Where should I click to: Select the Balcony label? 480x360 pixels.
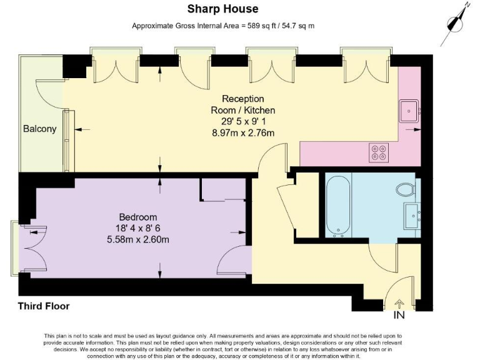pyautogui.click(x=39, y=129)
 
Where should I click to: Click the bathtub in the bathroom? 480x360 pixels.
pyautogui.click(x=337, y=207)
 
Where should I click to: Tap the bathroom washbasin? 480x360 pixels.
pyautogui.click(x=413, y=215)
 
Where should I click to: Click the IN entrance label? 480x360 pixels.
pyautogui.click(x=399, y=315)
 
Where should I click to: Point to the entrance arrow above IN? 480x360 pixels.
pyautogui.click(x=399, y=304)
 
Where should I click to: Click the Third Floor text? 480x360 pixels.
pyautogui.click(x=44, y=306)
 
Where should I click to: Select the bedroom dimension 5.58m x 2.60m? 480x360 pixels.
pyautogui.click(x=139, y=239)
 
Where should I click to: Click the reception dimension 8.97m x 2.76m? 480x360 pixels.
pyautogui.click(x=243, y=132)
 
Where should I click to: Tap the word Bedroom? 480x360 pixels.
pyautogui.click(x=138, y=217)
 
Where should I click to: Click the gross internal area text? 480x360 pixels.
pyautogui.click(x=222, y=26)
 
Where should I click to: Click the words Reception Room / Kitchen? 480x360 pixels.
pyautogui.click(x=243, y=104)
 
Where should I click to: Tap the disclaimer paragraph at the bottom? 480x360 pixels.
pyautogui.click(x=240, y=346)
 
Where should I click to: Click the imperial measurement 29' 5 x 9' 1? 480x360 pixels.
pyautogui.click(x=243, y=121)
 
